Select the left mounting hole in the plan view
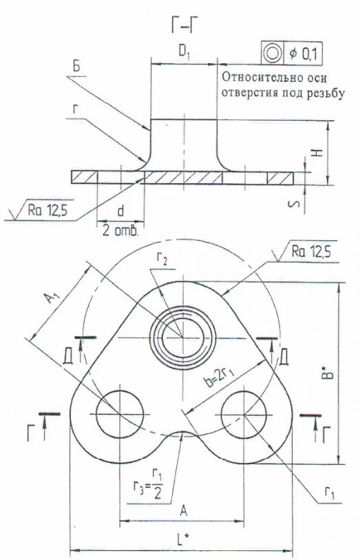[120, 415]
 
